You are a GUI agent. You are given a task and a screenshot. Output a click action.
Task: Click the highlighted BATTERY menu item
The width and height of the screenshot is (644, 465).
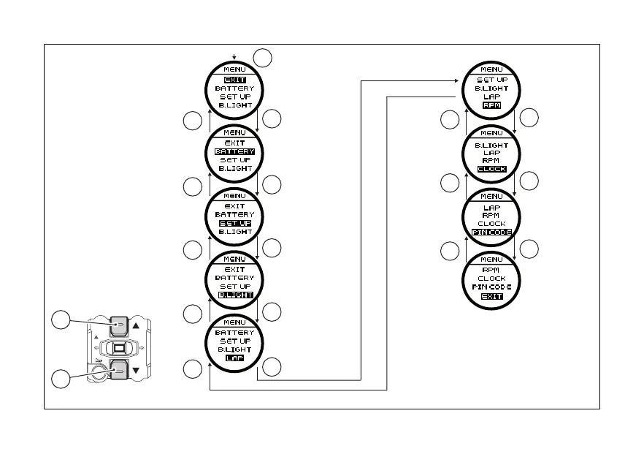click(x=234, y=151)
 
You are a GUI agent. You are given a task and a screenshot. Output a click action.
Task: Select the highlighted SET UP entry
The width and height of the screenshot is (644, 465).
click(x=234, y=223)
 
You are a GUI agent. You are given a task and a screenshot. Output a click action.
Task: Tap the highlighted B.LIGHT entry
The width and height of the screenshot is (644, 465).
click(x=234, y=295)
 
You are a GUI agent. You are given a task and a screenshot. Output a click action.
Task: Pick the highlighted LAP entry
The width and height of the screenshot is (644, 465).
click(x=234, y=358)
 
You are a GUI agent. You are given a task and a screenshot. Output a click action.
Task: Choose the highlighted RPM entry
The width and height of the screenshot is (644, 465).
click(x=491, y=105)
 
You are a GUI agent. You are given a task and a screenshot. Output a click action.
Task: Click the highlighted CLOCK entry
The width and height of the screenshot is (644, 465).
click(x=491, y=169)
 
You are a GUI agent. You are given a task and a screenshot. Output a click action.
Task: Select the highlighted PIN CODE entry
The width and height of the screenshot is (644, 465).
click(x=491, y=232)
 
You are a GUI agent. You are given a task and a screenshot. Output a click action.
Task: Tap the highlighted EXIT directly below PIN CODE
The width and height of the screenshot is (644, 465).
click(x=491, y=296)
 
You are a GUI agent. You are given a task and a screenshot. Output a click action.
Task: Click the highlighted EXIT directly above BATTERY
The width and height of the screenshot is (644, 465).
click(x=234, y=80)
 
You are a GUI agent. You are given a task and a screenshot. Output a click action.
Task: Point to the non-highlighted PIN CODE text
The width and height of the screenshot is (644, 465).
click(x=491, y=287)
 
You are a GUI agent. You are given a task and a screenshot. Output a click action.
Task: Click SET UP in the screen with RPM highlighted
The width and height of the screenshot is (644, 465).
click(x=491, y=80)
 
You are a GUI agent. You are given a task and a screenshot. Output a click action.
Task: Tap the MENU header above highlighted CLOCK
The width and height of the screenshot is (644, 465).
click(x=491, y=133)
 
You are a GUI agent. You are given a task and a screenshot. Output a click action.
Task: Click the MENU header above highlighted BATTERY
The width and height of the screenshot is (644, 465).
click(x=234, y=133)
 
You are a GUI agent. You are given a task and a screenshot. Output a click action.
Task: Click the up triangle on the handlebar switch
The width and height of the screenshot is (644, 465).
click(x=135, y=326)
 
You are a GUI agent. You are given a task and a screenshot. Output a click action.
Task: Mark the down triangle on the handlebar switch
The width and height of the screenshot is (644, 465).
click(x=135, y=371)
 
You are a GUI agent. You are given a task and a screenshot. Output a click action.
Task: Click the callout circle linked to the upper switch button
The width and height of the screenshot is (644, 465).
click(x=61, y=320)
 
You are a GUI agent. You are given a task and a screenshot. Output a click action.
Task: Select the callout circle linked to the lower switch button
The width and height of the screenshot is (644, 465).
click(x=61, y=379)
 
